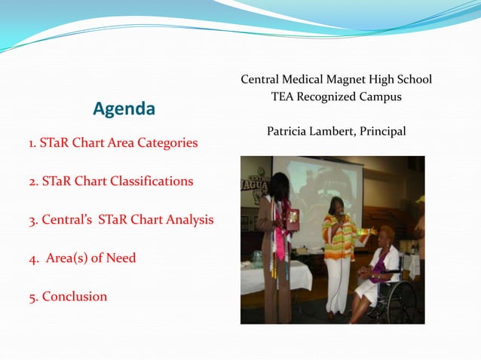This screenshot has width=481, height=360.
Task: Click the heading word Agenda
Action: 124,109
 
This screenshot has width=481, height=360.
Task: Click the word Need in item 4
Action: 122,258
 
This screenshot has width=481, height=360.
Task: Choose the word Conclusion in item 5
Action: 75,296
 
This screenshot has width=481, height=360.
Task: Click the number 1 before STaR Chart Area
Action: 32,142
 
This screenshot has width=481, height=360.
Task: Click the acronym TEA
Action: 283,97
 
